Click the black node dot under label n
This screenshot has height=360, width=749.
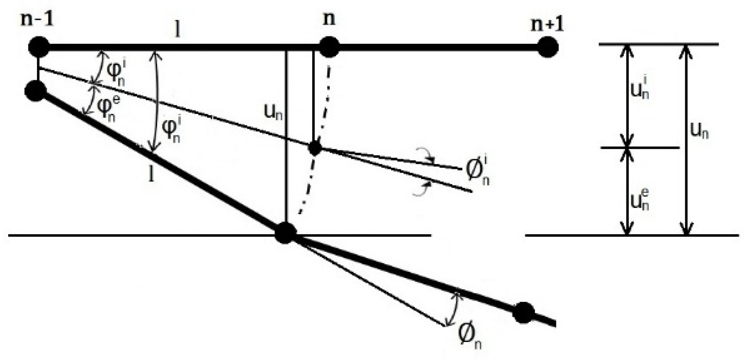pyautogui.click(x=329, y=48)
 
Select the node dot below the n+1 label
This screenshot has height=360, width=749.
pyautogui.click(x=547, y=48)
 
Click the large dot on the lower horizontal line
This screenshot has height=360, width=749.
pyautogui.click(x=285, y=233)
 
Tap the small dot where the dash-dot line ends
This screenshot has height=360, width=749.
pyautogui.click(x=315, y=148)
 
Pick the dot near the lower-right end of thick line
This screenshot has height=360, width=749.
pyautogui.click(x=523, y=312)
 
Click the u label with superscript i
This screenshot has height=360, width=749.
pyautogui.click(x=640, y=88)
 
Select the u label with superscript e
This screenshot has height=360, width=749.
pyautogui.click(x=640, y=199)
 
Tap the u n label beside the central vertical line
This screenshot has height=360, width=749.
pyautogui.click(x=273, y=111)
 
